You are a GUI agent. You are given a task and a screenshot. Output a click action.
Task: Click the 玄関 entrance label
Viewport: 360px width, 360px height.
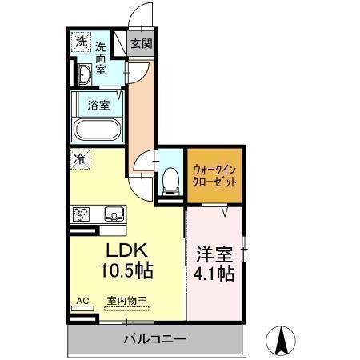(x=140, y=43)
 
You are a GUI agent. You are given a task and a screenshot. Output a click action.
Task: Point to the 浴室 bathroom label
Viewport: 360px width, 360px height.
(x=98, y=104)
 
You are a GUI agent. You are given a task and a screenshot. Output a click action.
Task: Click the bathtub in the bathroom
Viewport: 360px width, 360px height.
(x=96, y=130)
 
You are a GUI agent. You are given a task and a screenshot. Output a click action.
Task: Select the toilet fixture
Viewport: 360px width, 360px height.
(x=170, y=181)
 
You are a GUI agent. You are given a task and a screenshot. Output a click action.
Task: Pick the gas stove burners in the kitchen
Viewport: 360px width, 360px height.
(x=82, y=214)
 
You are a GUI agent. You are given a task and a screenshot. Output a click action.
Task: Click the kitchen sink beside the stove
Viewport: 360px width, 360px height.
(x=111, y=214)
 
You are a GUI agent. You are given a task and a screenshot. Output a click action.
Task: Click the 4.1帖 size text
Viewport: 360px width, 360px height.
(x=214, y=274)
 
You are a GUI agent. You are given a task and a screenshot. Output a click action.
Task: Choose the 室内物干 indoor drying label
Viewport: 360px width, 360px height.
(x=126, y=302)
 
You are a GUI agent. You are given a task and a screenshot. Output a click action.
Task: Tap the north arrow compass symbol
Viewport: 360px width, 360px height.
(x=282, y=341)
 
